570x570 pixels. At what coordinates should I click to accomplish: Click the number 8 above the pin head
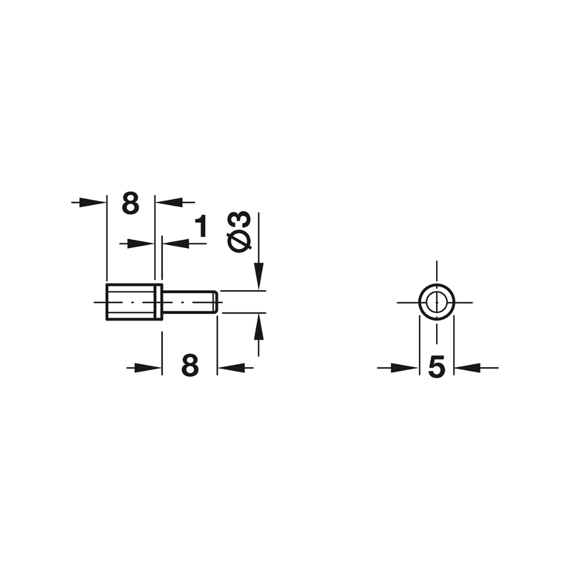pos(131,203)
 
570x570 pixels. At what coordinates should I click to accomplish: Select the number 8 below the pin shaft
pos(190,365)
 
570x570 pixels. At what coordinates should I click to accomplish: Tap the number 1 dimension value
pos(201,226)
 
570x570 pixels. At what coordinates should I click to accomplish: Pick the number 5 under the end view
pos(436,368)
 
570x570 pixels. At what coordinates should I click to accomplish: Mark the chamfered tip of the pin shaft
pos(214,302)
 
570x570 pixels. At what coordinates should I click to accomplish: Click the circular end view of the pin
pos(436,302)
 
